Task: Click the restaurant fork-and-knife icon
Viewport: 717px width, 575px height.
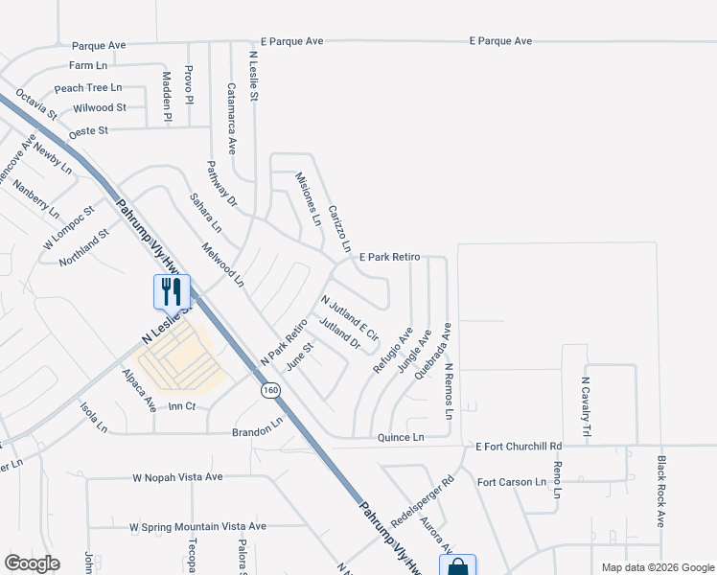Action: tap(173, 290)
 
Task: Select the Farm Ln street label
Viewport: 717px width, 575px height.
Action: tap(88, 66)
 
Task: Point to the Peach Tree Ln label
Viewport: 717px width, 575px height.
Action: tap(88, 87)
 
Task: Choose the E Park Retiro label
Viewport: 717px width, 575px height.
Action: tap(390, 258)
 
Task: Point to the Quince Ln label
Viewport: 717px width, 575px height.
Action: tap(400, 437)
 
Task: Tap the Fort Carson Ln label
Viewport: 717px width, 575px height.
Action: tap(511, 482)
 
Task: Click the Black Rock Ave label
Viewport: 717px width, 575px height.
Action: tap(660, 491)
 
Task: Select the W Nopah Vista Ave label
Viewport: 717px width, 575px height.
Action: tap(177, 476)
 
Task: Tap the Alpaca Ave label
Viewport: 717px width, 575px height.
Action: tap(139, 391)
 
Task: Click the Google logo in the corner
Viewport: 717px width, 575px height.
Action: tap(32, 563)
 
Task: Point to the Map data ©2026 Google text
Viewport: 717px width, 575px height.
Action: tap(657, 567)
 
